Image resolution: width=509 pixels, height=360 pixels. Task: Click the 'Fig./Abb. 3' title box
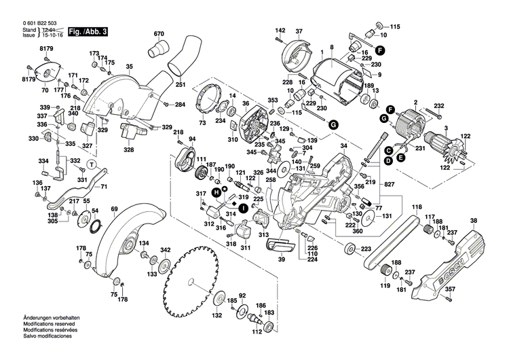pyautogui.click(x=81, y=33)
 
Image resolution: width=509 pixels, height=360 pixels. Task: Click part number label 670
pyautogui.click(x=159, y=34)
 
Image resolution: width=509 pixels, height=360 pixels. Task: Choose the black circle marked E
pyautogui.click(x=401, y=157)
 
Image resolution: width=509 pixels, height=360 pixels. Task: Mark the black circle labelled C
pyautogui.click(x=388, y=150)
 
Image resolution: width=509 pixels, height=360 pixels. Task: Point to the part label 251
pyautogui.click(x=181, y=85)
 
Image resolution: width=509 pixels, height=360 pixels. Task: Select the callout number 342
pyautogui.click(x=165, y=251)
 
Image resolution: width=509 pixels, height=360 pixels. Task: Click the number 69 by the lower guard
pyautogui.click(x=114, y=208)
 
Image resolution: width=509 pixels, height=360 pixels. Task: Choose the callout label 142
pyautogui.click(x=280, y=31)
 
